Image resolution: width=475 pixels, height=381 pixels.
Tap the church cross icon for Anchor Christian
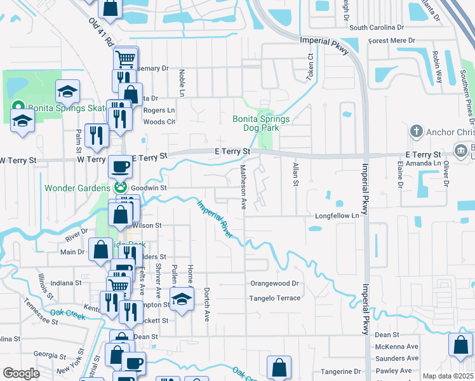click(x=416, y=131)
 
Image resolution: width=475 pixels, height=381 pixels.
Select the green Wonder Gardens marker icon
click(x=119, y=188)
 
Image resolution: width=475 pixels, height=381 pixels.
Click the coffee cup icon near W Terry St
click(x=120, y=168)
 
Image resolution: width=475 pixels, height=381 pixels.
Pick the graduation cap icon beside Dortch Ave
click(x=182, y=298)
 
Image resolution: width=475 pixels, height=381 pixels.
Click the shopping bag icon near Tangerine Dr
click(x=279, y=367)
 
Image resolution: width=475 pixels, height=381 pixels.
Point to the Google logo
click(x=21, y=373)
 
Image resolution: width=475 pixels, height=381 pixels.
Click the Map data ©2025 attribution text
click(x=448, y=376)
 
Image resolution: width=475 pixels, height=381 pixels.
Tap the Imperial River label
click(x=214, y=220)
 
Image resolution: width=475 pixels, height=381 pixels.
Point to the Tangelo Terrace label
click(x=274, y=298)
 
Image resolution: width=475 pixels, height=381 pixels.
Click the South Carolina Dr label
click(x=377, y=27)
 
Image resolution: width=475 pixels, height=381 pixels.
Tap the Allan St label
click(x=295, y=174)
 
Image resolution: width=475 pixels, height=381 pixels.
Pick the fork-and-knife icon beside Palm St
click(x=97, y=135)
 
